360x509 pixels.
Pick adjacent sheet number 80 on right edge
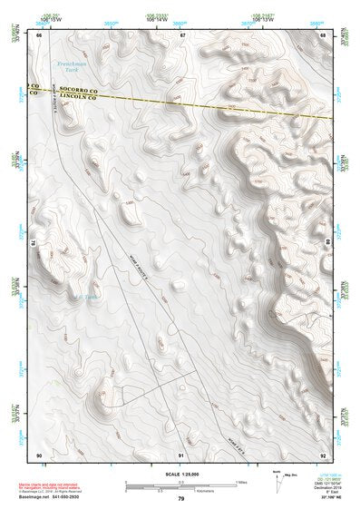coord(326,242)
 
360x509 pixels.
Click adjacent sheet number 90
coord(39,453)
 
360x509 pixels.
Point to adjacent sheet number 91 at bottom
coord(181,453)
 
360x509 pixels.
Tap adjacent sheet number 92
coord(323,453)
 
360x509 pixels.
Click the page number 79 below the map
coord(181,499)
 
